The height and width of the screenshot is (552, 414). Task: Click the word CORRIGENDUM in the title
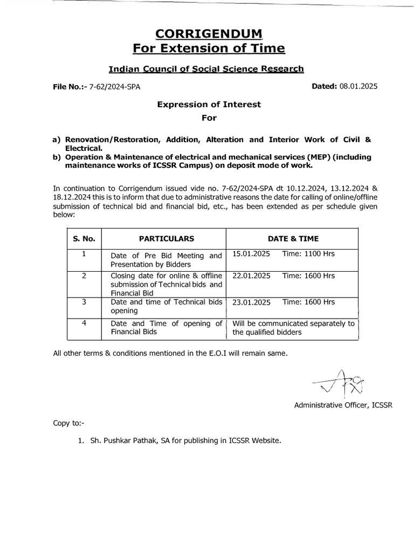point(209,34)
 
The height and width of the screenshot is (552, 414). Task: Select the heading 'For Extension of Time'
point(209,49)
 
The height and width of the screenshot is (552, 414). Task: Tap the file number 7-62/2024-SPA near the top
point(118,86)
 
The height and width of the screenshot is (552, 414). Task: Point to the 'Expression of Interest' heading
point(209,105)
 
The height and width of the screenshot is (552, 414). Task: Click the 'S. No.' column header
point(84,238)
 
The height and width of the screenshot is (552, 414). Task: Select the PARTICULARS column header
point(163,238)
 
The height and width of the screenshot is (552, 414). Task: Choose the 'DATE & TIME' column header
point(293,238)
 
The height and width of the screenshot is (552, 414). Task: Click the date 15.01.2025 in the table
point(251,254)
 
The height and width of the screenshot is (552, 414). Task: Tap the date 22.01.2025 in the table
point(251,275)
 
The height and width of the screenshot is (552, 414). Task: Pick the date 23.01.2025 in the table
point(251,302)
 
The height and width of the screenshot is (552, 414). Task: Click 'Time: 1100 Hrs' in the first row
point(308,254)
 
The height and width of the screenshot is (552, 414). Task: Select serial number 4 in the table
point(84,323)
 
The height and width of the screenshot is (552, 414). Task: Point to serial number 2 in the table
point(84,275)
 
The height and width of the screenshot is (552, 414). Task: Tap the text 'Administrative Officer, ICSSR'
point(343,405)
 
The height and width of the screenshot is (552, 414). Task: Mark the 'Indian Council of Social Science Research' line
point(206,69)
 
